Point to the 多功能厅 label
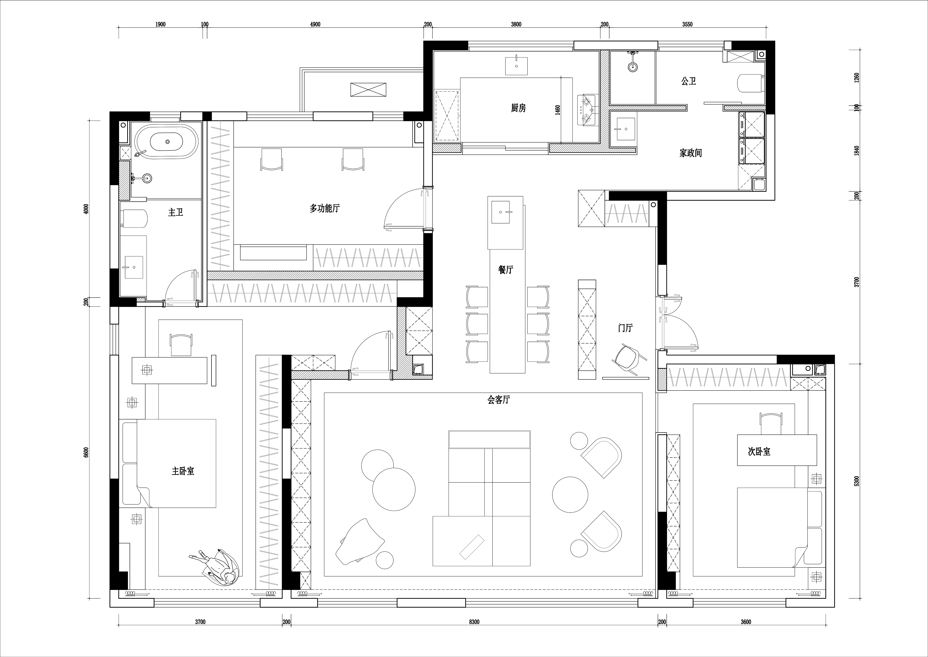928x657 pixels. coord(325,208)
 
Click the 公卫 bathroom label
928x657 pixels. coord(689,81)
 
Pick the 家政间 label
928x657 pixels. coord(690,153)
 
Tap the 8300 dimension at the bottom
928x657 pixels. coord(474,622)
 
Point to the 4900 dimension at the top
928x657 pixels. coord(315,24)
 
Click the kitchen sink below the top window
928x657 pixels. coord(516,66)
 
